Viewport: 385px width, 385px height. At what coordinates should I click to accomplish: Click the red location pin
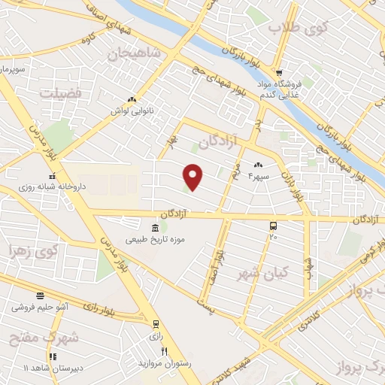[x=193, y=177]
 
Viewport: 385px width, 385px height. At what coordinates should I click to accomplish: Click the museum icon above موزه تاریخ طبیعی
[x=154, y=228]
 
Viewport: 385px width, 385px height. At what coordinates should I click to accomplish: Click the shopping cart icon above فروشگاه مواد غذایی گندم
[x=279, y=73]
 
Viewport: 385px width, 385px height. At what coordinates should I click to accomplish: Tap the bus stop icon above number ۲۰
[x=272, y=225]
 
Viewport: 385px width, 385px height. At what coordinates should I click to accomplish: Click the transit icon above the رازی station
[x=156, y=325]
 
